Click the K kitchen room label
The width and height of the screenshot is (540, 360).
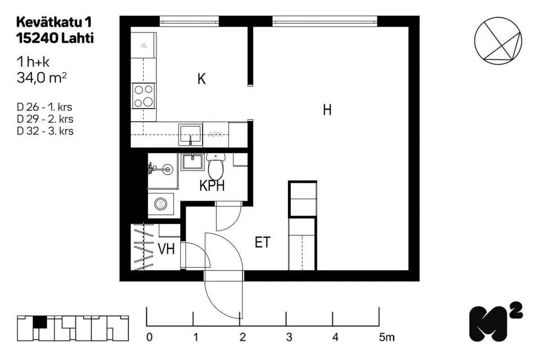pos(202,80)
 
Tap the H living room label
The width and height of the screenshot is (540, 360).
pos(327,110)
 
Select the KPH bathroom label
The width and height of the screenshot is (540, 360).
pos(212,186)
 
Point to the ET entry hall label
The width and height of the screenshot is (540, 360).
pos(263,243)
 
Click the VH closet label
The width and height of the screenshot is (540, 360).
pos(166,249)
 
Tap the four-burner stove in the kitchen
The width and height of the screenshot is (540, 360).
pos(144,96)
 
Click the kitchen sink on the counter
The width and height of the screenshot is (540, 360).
pos(191,135)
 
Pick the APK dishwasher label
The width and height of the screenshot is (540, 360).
pos(216,135)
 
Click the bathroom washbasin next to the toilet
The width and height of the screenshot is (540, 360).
pos(193,161)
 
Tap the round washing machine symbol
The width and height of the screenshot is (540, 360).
pos(160,204)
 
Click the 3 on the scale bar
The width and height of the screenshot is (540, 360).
pos(289,337)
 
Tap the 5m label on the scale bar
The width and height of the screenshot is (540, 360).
pos(386,337)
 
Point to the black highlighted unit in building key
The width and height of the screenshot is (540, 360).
pos(40,322)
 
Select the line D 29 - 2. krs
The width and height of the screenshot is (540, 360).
pos(45,119)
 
